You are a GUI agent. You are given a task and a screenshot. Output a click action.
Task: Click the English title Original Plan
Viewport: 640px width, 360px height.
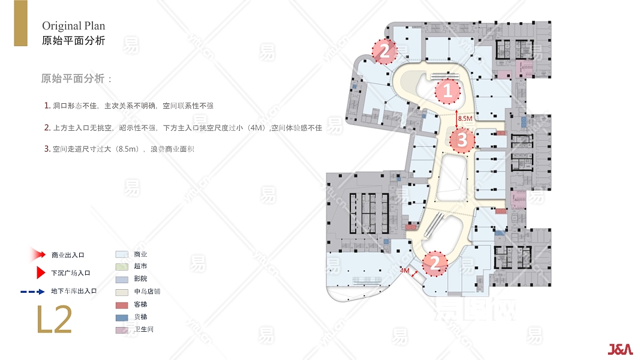tap(73, 26)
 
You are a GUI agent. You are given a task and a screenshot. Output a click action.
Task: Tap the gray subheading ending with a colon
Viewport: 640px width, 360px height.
tap(76, 79)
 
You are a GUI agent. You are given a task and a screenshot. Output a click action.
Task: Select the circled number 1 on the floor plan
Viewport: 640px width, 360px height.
tap(447, 91)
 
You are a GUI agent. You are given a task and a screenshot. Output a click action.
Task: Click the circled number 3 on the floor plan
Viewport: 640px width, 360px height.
tap(462, 140)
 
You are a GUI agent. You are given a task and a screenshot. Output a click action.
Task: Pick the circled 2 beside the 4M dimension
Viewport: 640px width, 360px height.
tap(435, 263)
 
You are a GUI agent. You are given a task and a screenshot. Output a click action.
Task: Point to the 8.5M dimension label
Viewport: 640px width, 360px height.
tap(465, 118)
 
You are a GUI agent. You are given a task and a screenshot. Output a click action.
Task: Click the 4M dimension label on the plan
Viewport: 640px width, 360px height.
tap(404, 271)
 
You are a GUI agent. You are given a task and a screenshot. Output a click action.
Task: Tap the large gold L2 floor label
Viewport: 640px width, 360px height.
tap(55, 320)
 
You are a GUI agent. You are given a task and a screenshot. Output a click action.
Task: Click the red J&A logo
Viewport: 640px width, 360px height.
tap(620, 349)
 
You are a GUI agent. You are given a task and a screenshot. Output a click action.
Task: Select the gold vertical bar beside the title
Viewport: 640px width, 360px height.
tap(21, 23)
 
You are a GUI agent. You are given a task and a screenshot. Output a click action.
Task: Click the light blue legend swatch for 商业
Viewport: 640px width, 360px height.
tap(122, 254)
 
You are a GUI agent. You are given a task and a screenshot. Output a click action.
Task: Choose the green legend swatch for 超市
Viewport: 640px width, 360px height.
tap(122, 266)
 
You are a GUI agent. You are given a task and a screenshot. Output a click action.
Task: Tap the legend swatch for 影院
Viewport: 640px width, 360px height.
tap(122, 280)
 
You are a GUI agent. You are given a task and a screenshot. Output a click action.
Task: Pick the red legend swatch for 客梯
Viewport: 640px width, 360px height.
tap(122, 305)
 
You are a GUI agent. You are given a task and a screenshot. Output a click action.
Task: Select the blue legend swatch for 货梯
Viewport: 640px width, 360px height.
tap(122, 317)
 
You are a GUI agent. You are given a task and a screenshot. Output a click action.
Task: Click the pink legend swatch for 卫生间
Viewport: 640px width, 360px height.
tap(122, 330)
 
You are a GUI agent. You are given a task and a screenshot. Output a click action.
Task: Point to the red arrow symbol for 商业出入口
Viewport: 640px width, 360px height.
tap(38, 254)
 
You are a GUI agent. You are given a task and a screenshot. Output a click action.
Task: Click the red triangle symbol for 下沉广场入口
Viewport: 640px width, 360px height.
tap(40, 272)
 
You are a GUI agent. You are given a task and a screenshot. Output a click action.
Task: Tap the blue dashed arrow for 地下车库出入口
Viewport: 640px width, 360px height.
tap(32, 292)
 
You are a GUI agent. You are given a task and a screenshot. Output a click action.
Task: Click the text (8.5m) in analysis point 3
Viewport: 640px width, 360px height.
tap(127, 149)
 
